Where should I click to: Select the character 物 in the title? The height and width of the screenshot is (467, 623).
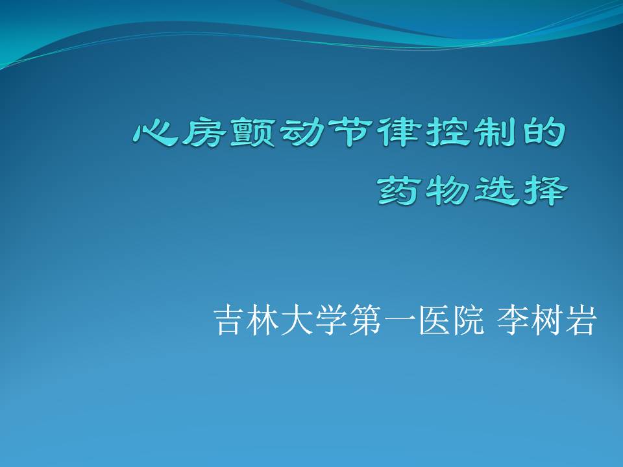click(447, 191)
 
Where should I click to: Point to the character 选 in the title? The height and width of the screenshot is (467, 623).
click(496, 191)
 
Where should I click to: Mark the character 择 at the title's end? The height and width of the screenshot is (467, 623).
click(545, 191)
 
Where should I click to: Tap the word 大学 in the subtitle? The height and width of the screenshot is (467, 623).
click(313, 320)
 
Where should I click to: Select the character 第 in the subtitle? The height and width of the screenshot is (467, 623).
click(364, 320)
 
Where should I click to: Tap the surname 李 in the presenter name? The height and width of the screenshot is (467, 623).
click(513, 320)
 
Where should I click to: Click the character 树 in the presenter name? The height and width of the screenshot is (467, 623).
click(546, 320)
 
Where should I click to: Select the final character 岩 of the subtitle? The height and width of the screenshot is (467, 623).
click(581, 320)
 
